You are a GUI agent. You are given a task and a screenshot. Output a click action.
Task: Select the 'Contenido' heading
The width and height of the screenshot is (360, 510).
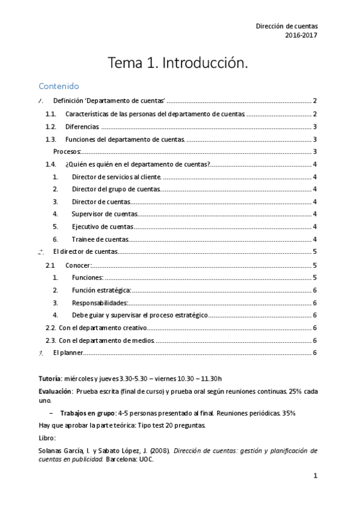point(58,86)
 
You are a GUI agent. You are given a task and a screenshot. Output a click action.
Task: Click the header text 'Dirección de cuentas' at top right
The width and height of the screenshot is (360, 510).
point(287,26)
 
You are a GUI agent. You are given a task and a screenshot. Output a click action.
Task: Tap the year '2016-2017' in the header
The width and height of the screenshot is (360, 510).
point(301,35)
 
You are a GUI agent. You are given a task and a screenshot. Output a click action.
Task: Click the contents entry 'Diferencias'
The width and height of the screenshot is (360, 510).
point(82,126)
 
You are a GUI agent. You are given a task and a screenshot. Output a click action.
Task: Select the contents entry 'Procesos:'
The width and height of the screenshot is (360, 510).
point(67,152)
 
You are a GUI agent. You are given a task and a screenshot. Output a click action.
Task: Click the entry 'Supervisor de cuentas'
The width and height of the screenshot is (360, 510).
point(105,214)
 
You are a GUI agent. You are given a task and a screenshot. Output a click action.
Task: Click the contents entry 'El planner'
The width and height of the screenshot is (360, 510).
point(68,352)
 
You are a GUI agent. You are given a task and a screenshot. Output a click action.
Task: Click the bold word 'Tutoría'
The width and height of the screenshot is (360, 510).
point(49,378)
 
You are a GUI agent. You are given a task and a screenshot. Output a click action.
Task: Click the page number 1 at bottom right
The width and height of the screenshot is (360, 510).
point(315,476)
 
